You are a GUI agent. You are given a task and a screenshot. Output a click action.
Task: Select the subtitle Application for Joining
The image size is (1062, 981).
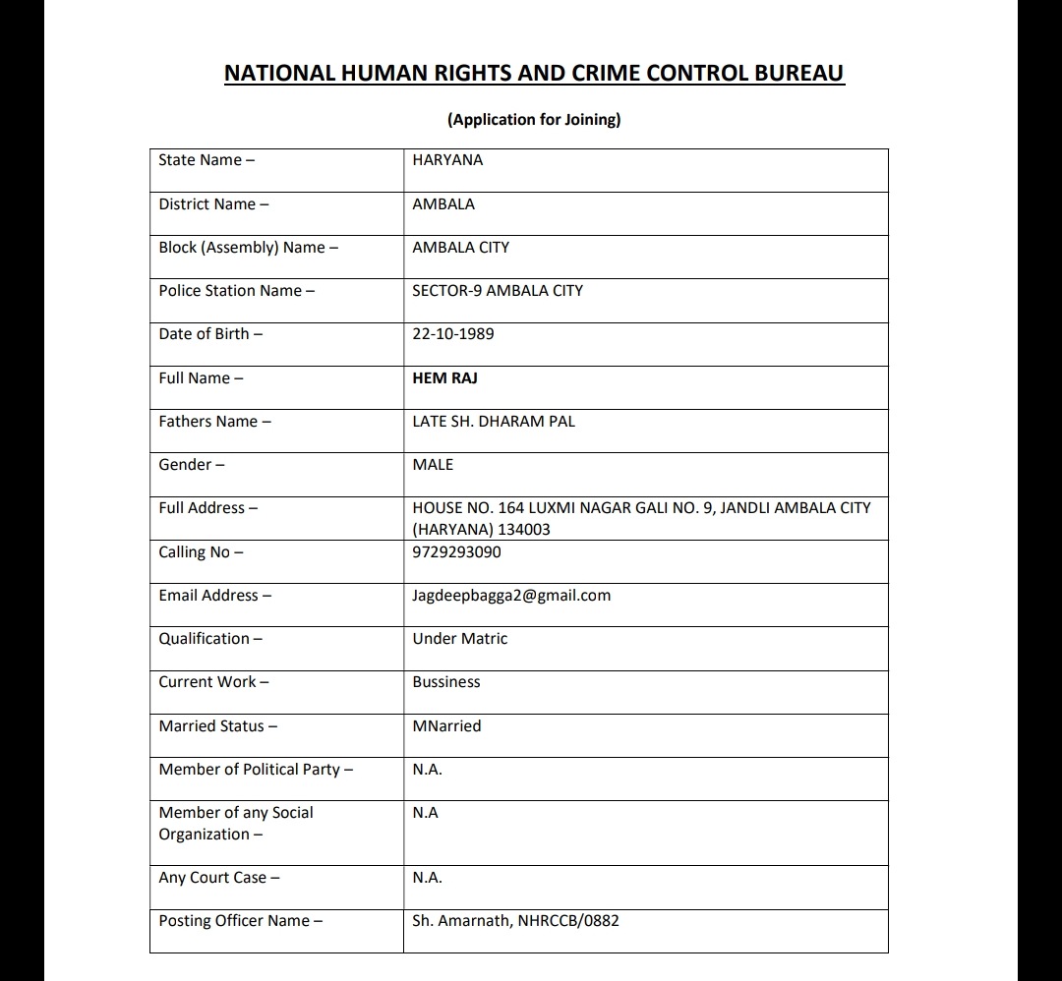[x=534, y=120]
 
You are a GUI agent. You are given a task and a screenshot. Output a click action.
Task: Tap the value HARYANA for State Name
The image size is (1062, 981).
[x=447, y=160]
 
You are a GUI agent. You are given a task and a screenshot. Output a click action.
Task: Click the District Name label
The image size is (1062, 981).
[x=213, y=204]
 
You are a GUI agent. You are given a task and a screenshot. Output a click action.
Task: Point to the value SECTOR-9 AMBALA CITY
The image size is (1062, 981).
[x=498, y=291]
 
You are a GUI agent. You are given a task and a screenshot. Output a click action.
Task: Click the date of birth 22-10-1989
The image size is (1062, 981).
[x=453, y=334]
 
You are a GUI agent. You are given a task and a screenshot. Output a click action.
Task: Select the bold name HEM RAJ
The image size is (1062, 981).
[x=444, y=378]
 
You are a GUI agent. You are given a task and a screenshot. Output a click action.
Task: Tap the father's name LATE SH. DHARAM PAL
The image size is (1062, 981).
[x=494, y=422]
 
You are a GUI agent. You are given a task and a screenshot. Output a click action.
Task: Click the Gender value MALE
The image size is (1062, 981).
[x=433, y=465]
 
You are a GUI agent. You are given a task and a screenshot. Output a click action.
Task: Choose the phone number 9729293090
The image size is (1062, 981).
[x=456, y=552]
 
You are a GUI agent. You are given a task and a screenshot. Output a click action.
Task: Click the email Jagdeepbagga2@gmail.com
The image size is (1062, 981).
[x=511, y=596]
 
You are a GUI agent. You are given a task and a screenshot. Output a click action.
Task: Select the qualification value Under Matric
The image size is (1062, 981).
[x=460, y=639]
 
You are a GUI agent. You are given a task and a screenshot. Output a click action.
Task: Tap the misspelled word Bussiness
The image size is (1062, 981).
[x=446, y=682]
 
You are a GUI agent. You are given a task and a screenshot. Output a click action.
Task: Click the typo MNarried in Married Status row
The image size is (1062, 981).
[x=446, y=726]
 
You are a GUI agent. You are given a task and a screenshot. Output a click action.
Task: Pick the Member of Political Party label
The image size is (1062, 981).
[x=256, y=770]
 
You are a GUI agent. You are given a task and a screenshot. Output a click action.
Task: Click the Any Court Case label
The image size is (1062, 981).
[x=218, y=878]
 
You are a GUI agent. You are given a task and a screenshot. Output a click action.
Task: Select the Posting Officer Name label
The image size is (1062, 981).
[x=241, y=921]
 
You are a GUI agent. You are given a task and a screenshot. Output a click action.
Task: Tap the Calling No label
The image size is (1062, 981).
[x=201, y=552]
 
